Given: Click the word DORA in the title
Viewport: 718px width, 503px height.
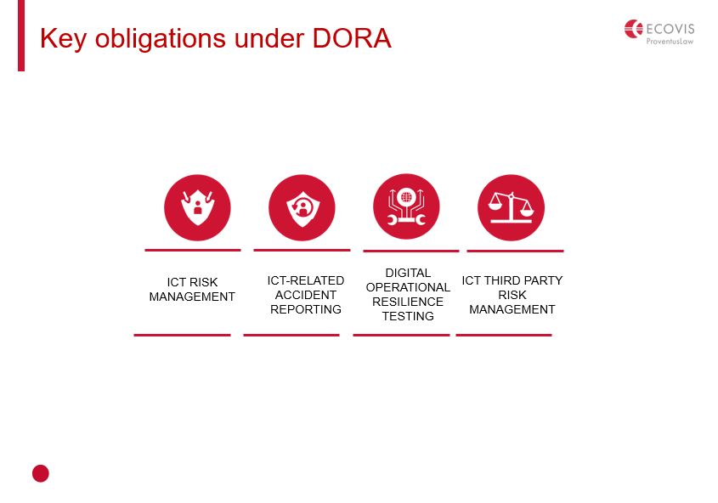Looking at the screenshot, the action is point(352,38).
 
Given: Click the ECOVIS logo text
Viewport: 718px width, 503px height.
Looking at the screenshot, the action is point(670,29).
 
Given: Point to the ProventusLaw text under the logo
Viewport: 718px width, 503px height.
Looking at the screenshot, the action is point(670,41).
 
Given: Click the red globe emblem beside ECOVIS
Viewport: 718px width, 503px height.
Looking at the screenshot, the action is point(634,29).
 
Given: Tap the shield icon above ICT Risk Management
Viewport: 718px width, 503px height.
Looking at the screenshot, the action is point(197,208).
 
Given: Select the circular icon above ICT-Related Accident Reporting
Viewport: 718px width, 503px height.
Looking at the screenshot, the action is point(302,208).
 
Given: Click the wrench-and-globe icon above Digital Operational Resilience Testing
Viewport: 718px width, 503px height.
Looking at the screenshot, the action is point(406,206).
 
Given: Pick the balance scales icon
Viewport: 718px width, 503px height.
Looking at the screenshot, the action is point(511,208).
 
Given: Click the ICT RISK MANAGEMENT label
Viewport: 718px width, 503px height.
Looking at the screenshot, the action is point(192,289).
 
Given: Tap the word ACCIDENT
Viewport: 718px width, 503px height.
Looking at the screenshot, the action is point(305,295).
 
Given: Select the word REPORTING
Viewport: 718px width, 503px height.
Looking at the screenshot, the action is point(305,309).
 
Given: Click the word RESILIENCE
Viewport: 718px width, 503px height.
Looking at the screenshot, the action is point(408,302).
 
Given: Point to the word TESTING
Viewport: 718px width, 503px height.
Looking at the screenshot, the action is point(408,316).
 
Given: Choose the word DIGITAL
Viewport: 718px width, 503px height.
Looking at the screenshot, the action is point(408,273).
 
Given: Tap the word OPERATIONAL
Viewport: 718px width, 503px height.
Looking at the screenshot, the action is point(408,287).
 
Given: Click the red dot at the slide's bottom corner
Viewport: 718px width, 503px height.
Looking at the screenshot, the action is point(40,473).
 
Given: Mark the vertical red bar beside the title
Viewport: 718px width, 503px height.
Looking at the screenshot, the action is point(21,36).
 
